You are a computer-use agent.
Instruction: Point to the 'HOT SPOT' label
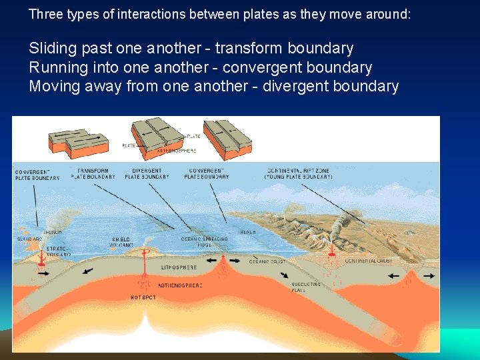pos(143,297)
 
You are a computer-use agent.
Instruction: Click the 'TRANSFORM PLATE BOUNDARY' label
pos(93,174)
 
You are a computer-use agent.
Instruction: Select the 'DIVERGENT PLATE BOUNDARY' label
pos(147,174)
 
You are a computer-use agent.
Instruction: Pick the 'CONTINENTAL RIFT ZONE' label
pos(298,174)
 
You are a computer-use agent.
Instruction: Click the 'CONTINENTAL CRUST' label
pos(369,261)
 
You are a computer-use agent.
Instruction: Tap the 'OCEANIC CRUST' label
pos(266,262)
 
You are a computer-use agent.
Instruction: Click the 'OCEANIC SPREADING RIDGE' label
pos(205,241)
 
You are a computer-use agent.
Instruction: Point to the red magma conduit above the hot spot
pos(144,273)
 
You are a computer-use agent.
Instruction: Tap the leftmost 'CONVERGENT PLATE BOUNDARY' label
pos(37,175)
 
